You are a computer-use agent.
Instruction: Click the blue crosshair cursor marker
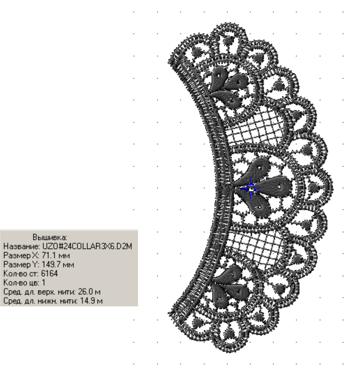pyautogui.click(x=250, y=188)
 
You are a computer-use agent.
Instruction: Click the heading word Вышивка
pyautogui.click(x=50, y=237)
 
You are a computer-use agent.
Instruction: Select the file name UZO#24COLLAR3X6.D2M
pyautogui.click(x=87, y=246)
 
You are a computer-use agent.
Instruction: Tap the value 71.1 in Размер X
pyautogui.click(x=49, y=255)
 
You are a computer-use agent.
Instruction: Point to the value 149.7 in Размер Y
pyautogui.click(x=51, y=264)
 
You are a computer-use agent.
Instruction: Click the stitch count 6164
pyautogui.click(x=50, y=273)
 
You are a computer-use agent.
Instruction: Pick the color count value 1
pyautogui.click(x=44, y=283)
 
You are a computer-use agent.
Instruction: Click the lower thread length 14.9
pyautogui.click(x=87, y=301)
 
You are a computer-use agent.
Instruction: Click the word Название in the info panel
pyautogui.click(x=22, y=246)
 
